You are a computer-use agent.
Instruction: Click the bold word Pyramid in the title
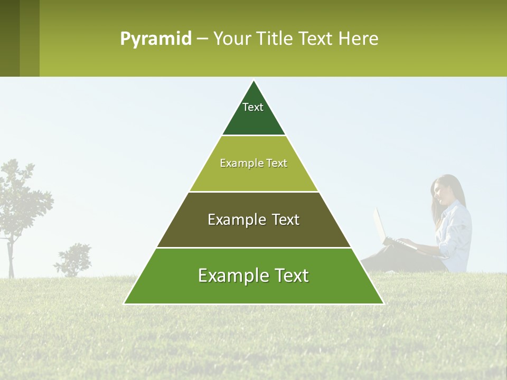coord(156,39)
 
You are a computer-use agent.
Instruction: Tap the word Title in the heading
coord(276,39)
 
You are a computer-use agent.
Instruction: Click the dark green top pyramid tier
coord(253,119)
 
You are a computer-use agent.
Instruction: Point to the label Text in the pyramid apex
coord(253,107)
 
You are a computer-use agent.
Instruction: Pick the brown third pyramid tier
coord(253,232)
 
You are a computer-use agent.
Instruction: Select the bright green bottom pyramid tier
coord(253,290)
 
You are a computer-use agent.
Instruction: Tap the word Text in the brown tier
coord(286,220)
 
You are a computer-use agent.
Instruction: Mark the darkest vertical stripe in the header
coord(10,38)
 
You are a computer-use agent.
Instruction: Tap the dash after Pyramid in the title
coord(202,39)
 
